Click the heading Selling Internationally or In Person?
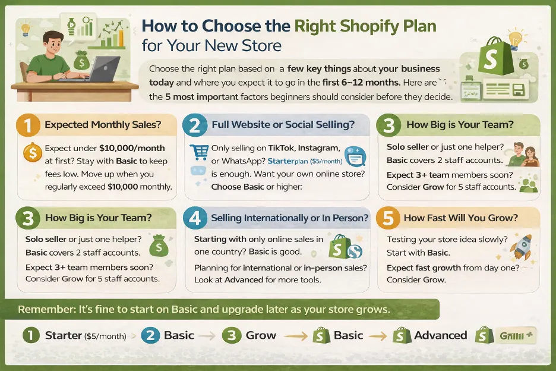click(289, 218)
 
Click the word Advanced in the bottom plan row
click(441, 335)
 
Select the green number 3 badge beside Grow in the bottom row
click(232, 335)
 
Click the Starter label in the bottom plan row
click(63, 335)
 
